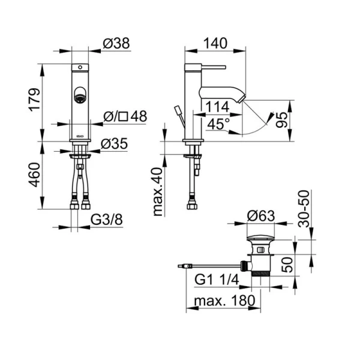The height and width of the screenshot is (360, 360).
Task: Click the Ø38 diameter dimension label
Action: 116,43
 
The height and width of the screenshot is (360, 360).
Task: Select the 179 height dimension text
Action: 34,100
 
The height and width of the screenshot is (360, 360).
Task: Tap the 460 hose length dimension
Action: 34,175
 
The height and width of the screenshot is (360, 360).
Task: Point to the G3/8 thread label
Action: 107,220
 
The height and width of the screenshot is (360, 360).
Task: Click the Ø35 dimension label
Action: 114,144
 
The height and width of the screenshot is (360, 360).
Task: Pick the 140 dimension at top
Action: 215,43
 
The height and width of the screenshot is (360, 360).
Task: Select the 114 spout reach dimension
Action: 217,107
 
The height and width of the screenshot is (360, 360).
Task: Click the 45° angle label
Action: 218,124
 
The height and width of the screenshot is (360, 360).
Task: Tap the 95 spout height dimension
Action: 282,119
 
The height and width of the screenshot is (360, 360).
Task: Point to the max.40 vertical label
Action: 158,192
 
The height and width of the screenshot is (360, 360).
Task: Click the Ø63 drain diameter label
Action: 261,216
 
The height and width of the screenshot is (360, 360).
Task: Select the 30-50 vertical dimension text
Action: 304,208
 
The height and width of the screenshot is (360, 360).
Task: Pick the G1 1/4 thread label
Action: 217,280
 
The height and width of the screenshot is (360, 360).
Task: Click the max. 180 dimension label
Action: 224,301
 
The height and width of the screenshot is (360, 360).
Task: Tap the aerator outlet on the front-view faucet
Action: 80,98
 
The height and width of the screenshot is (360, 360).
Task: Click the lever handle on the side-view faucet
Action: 214,67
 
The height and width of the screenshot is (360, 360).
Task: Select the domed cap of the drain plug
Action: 260,238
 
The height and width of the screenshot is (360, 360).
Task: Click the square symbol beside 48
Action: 124,116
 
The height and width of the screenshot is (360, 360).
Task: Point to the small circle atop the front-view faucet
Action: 80,67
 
